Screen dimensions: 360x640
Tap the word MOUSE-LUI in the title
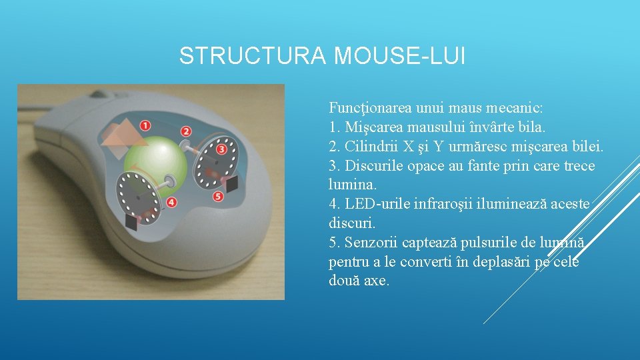click(399, 56)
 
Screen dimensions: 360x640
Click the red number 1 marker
click(145, 125)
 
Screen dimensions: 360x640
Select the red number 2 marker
click(186, 132)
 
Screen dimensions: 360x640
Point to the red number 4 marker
click(171, 202)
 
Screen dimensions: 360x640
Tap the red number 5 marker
click(218, 197)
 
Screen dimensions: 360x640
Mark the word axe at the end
click(377, 281)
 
